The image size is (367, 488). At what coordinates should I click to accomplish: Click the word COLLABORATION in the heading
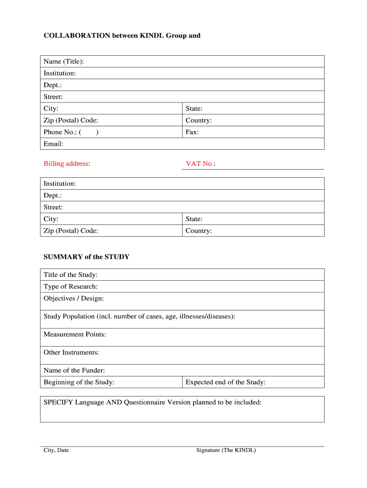point(77,36)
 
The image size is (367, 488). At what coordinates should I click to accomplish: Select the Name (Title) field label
point(64,61)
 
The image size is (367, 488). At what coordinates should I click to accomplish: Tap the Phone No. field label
point(61,132)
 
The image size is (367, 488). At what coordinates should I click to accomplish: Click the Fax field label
point(192,132)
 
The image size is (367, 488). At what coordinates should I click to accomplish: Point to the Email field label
point(53,144)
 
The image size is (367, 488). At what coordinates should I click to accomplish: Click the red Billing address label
point(67,164)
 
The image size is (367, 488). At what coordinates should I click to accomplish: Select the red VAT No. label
point(200,164)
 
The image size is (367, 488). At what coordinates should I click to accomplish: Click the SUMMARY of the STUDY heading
point(86,257)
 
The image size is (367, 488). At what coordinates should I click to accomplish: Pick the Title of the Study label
point(71,275)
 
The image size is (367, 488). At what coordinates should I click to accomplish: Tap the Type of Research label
point(71,286)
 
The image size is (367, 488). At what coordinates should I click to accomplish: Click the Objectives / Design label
point(73,298)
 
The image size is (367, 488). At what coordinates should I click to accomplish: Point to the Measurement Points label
point(75,335)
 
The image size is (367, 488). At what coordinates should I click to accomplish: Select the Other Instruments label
point(71,353)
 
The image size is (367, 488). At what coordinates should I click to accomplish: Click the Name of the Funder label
point(74,370)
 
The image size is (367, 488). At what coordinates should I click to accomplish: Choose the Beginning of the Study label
point(79,382)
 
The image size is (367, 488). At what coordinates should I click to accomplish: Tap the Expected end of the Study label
point(225,382)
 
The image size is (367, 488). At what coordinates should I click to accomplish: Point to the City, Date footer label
point(56,450)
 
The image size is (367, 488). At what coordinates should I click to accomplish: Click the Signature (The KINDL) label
point(226,450)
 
